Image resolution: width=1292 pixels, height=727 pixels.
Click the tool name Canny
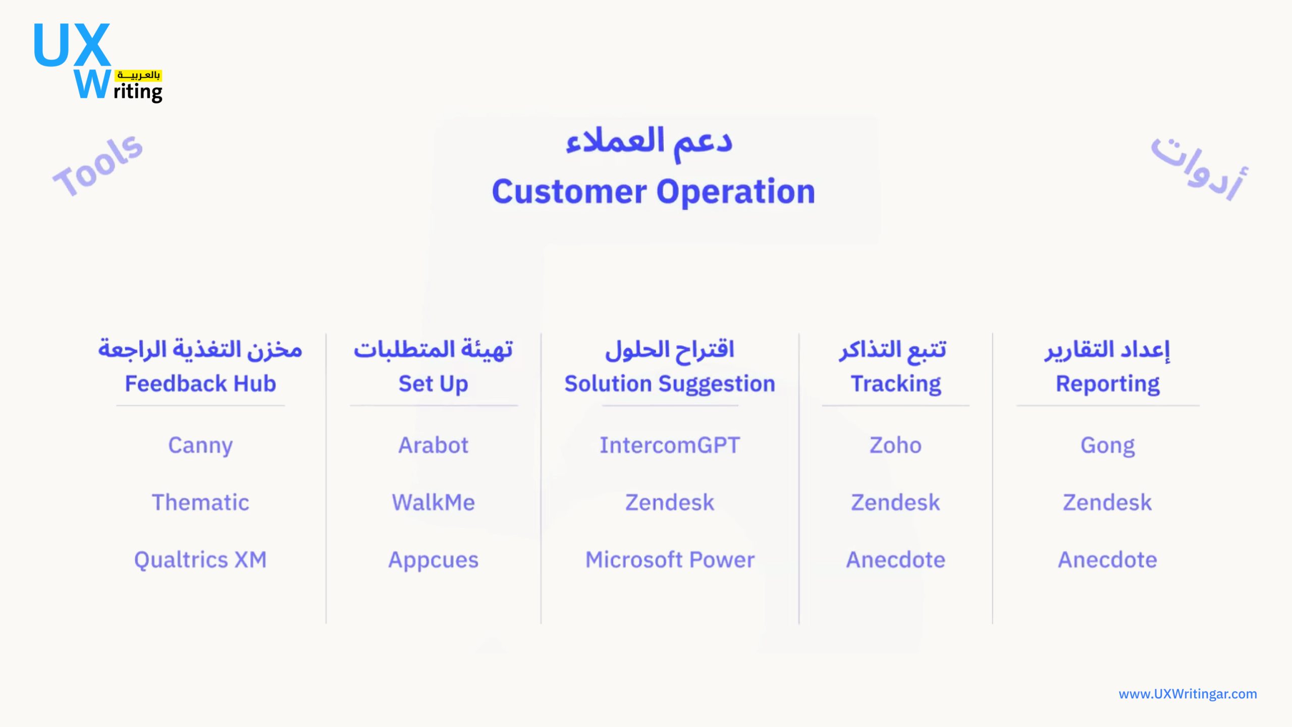200,446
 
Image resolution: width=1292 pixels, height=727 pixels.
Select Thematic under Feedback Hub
200,502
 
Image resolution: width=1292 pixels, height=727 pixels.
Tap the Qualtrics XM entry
200,560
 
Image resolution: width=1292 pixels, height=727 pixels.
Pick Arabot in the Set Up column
433,445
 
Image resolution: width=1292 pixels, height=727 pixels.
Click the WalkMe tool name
434,502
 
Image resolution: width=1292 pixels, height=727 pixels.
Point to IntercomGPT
670,445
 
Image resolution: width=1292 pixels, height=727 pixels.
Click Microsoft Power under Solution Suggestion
670,560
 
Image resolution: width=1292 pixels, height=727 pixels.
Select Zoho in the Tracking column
895,445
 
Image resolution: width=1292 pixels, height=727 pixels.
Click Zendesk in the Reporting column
1108,502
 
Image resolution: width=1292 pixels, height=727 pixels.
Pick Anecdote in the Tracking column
896,560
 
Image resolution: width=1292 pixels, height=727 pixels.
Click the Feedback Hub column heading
200,384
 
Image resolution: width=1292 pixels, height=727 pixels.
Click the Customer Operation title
654,192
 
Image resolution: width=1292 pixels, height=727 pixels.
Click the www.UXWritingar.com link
1188,694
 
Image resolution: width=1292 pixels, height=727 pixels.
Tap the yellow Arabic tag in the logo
138,76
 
